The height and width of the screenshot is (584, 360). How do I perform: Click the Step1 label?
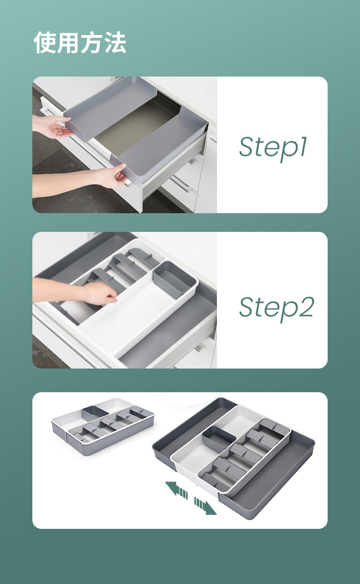point(273,148)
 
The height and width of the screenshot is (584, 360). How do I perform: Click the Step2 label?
point(277,308)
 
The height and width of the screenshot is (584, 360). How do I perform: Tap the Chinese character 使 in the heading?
point(45,42)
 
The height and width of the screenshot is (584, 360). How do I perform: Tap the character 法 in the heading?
point(115,42)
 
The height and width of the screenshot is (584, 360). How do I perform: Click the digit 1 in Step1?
point(303,146)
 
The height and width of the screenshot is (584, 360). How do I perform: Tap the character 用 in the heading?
point(68,42)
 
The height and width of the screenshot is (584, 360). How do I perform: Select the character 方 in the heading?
point(91,42)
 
